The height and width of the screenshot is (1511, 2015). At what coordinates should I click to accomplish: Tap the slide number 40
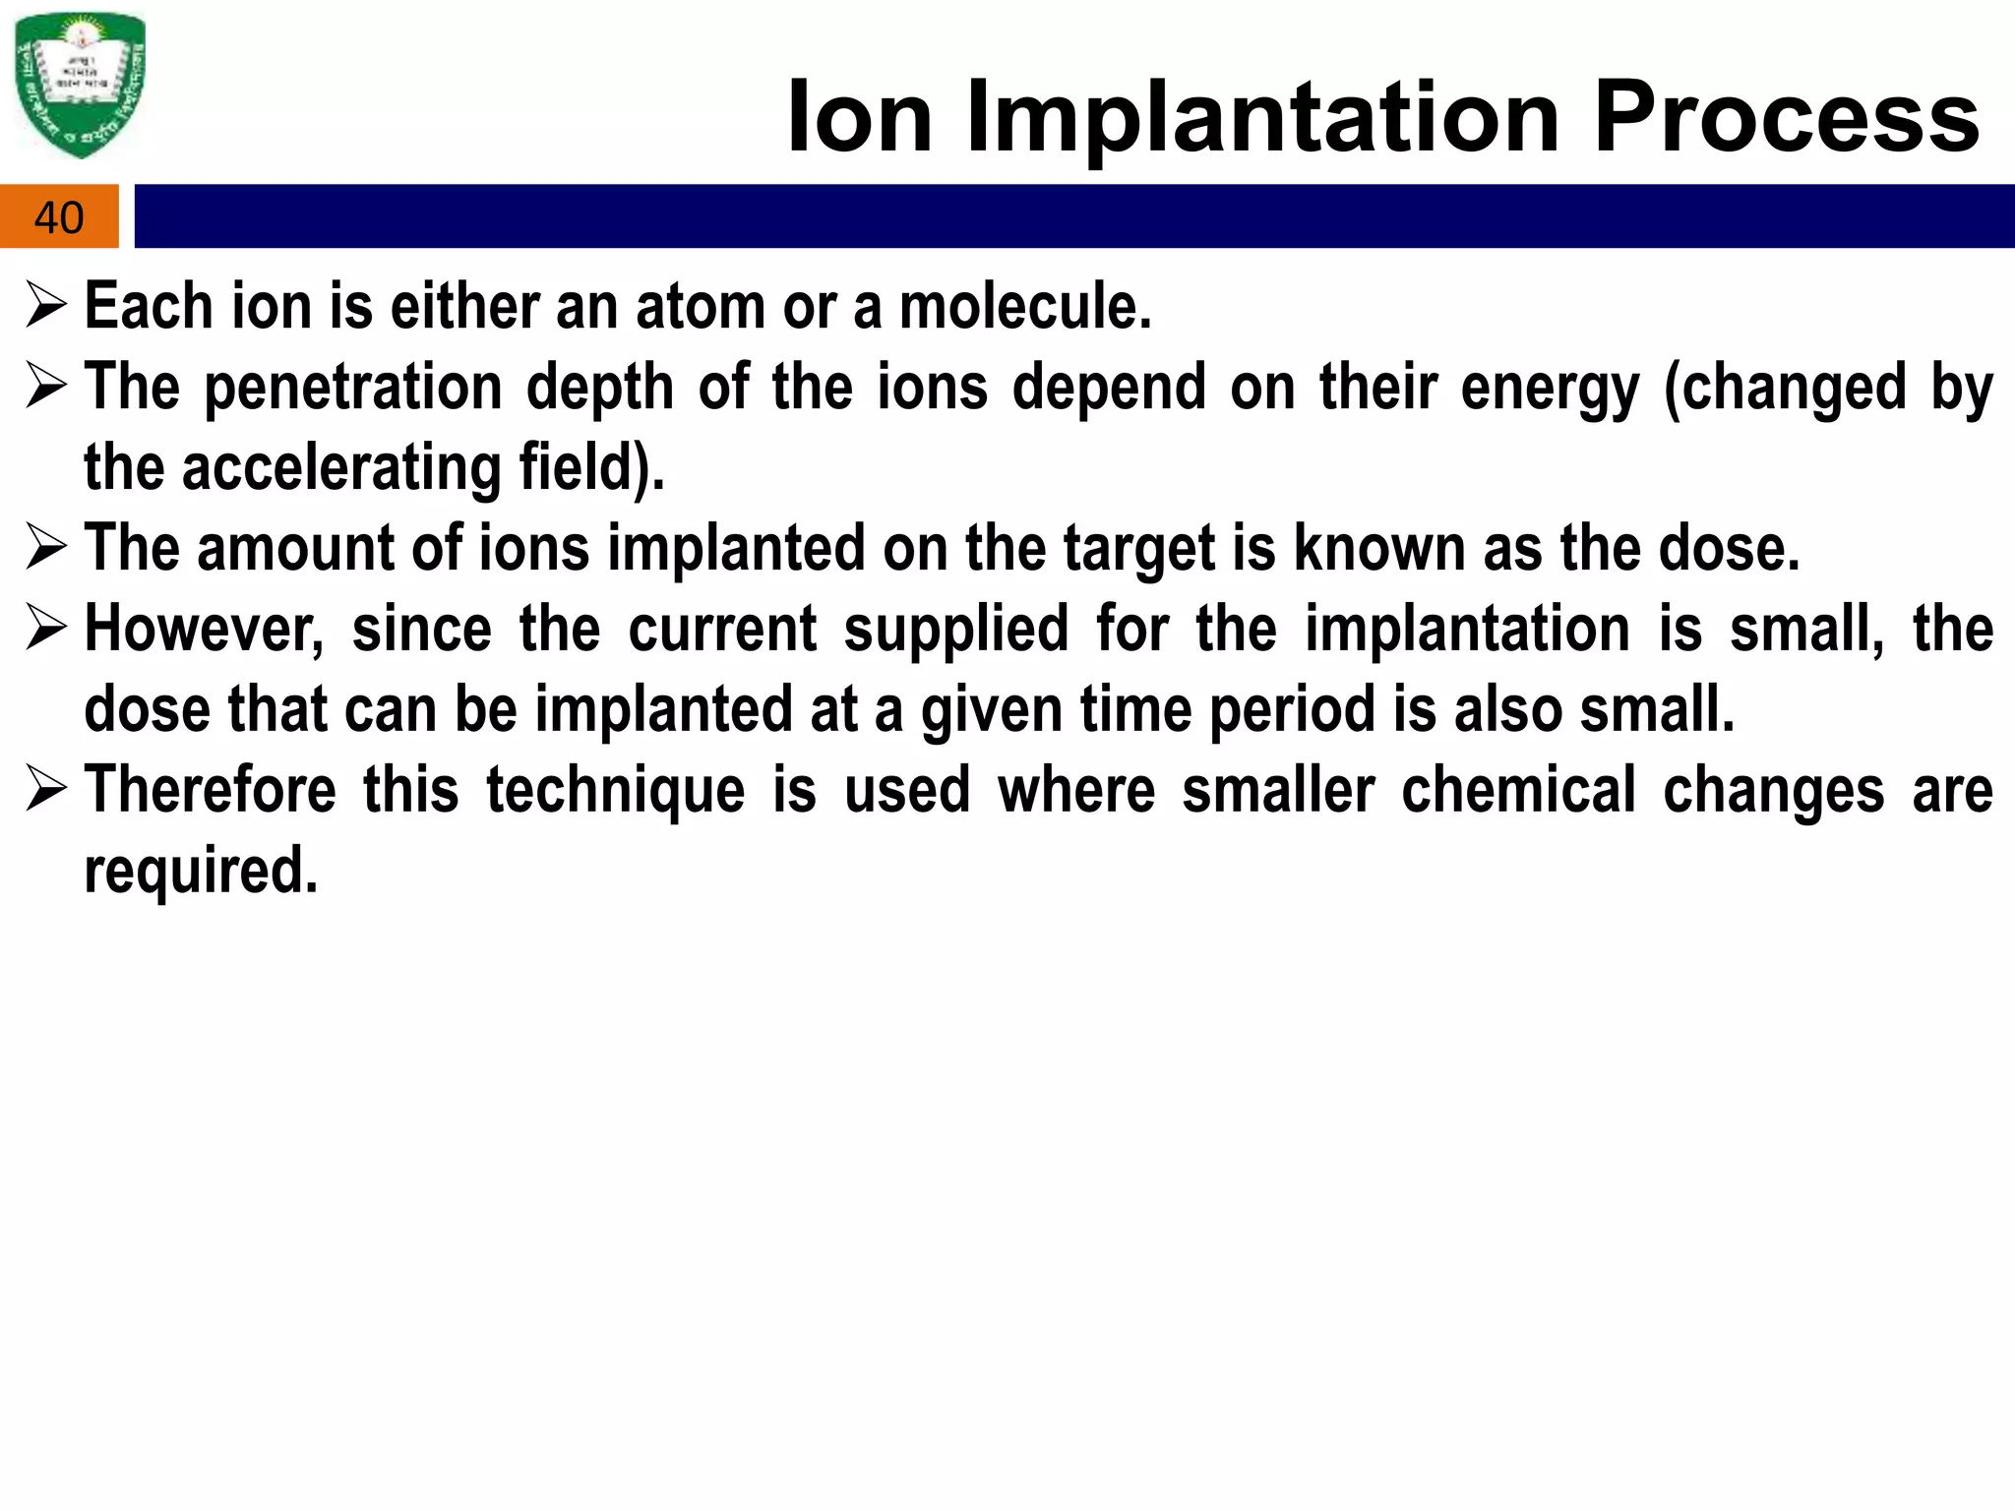point(59,217)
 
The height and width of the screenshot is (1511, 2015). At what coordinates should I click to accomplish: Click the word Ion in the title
point(859,118)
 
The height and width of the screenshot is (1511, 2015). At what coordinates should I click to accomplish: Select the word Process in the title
point(1786,118)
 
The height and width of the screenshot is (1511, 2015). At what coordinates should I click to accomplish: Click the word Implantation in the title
point(1262,118)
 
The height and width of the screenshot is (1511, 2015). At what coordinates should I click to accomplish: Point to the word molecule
point(1024,307)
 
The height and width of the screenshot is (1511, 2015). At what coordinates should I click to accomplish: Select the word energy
point(1550,388)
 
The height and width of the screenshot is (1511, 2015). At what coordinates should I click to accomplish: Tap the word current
point(722,630)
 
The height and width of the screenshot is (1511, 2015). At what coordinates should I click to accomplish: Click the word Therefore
point(210,791)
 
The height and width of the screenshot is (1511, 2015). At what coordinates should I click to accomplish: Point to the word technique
point(616,791)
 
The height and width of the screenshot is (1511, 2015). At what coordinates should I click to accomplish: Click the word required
point(201,872)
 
